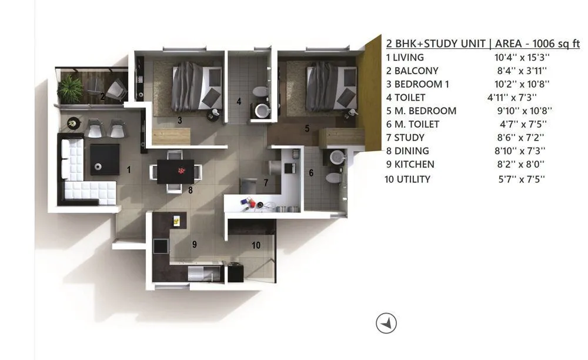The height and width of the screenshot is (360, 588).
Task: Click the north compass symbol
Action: [386, 322]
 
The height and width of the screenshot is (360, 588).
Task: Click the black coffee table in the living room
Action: [104, 158]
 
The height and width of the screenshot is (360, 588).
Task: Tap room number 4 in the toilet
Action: [239, 101]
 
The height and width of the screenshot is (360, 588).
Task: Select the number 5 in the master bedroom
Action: [306, 128]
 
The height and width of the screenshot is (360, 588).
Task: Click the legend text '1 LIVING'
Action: [405, 58]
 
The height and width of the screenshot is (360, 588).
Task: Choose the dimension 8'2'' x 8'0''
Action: [521, 165]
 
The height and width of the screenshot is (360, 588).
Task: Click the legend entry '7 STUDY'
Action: [405, 138]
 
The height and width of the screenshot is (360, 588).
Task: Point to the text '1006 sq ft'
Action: [554, 44]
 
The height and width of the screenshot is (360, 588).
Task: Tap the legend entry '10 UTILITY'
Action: [407, 179]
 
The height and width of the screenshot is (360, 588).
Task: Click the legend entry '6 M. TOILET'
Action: [413, 124]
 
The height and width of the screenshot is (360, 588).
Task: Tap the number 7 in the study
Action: [266, 183]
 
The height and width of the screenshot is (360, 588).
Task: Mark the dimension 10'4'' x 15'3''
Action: [521, 58]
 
